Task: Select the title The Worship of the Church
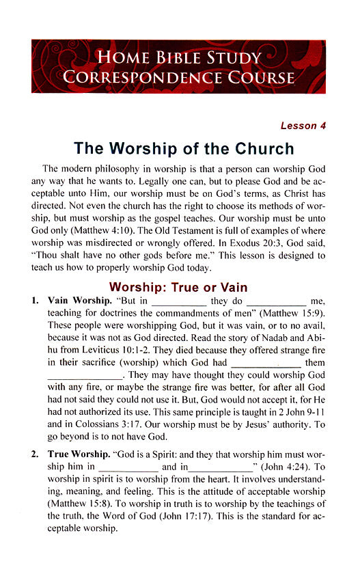pyautogui.click(x=183, y=148)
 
